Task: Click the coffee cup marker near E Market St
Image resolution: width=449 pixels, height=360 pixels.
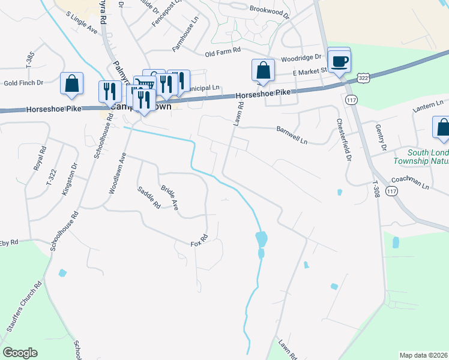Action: (x=339, y=61)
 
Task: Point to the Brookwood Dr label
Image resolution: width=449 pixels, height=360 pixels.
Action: (x=270, y=9)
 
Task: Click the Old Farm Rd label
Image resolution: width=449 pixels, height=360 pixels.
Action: (x=223, y=53)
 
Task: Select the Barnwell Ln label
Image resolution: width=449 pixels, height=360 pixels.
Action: (x=292, y=135)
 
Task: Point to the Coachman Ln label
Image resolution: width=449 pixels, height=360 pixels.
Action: (x=410, y=182)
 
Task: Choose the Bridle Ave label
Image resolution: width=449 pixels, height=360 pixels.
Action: (x=170, y=198)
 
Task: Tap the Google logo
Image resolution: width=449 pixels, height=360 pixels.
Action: (x=20, y=353)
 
